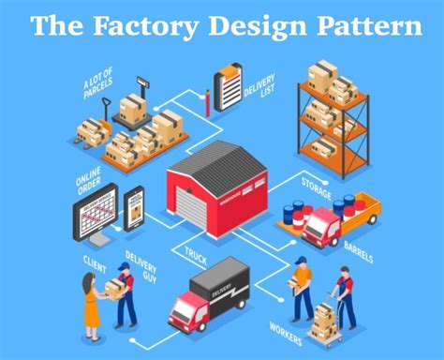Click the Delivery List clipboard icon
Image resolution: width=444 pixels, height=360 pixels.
coord(227,88)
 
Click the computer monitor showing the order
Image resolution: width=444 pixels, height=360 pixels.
coord(96,214)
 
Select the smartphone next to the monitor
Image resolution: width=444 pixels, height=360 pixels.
coord(135,208)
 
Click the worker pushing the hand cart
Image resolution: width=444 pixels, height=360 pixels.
coord(345,297)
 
